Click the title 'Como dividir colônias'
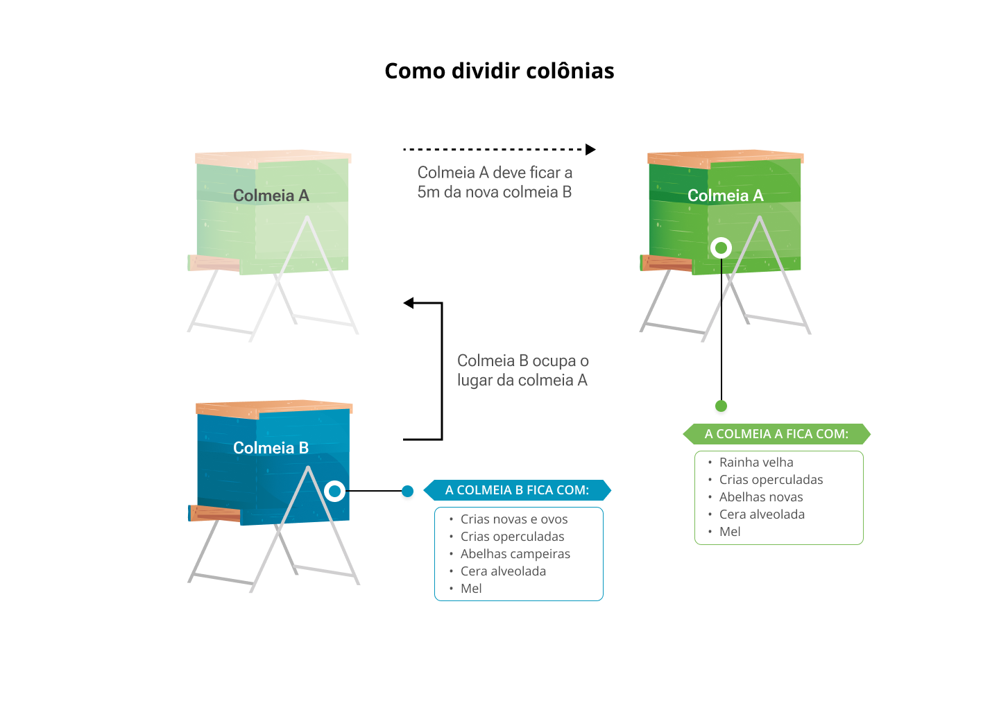coord(499,71)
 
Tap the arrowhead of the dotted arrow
coord(590,149)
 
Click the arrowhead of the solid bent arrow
coord(409,303)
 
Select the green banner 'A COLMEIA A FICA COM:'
coord(776,433)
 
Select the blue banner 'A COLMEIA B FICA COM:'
coord(517,490)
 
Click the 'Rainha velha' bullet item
coord(756,462)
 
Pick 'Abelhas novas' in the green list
coord(761,497)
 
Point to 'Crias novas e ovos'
coord(514,519)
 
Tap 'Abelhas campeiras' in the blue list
coord(515,554)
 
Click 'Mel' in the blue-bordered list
coord(471,589)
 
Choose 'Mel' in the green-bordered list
coord(730,532)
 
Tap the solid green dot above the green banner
coord(721,406)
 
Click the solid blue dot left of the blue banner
coord(408,491)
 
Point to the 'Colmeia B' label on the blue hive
coord(271,448)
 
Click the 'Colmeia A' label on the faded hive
coord(271,196)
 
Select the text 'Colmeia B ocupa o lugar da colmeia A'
coord(522,370)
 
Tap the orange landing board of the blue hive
coord(214,514)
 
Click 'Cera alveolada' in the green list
coord(762,514)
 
